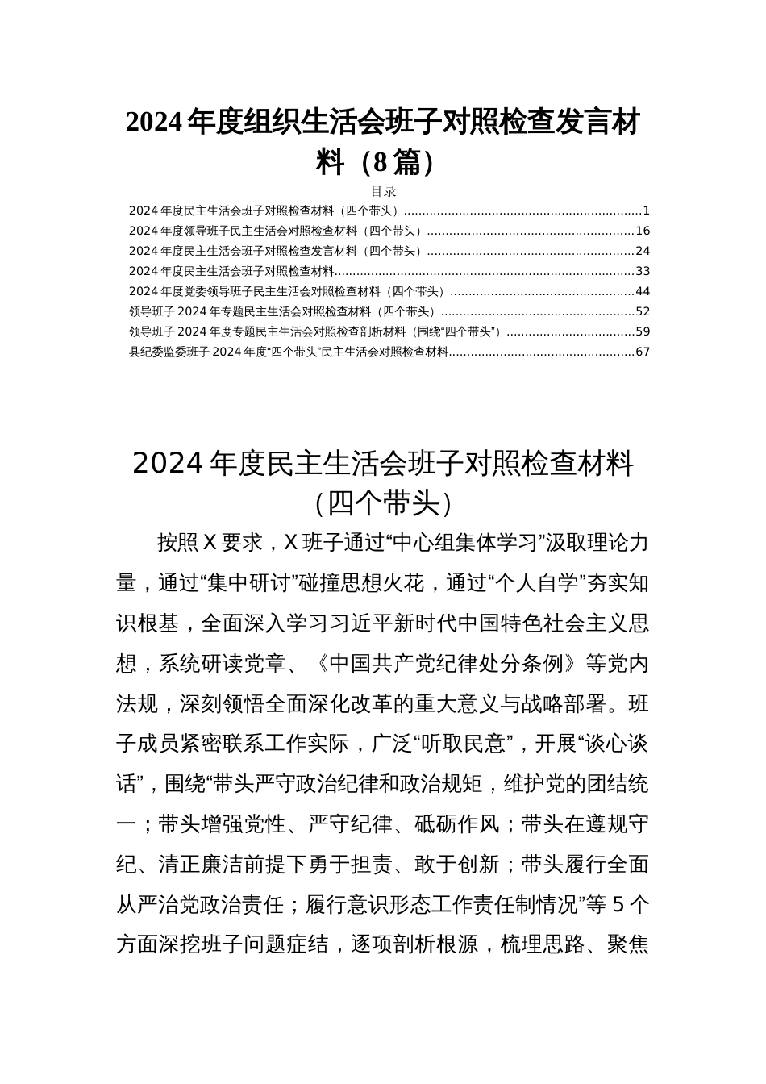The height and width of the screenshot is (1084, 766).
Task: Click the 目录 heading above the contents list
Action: pyautogui.click(x=383, y=191)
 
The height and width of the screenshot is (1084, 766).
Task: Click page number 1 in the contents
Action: pyautogui.click(x=646, y=211)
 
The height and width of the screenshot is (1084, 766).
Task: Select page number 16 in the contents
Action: pyautogui.click(x=643, y=231)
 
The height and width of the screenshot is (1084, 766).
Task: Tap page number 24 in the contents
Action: pyautogui.click(x=643, y=252)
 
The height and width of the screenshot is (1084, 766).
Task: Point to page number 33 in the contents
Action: pyautogui.click(x=643, y=272)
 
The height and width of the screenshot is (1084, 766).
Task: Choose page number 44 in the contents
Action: pyautogui.click(x=643, y=291)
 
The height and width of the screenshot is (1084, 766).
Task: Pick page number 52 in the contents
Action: pyautogui.click(x=643, y=311)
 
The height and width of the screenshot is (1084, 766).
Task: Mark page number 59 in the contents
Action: pyautogui.click(x=643, y=331)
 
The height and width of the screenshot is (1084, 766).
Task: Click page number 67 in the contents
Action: pyautogui.click(x=643, y=352)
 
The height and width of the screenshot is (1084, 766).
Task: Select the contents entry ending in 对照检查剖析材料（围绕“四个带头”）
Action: pyautogui.click(x=315, y=331)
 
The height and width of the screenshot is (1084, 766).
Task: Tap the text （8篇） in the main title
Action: pyautogui.click(x=393, y=163)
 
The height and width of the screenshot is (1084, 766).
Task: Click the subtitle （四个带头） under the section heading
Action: pyautogui.click(x=383, y=503)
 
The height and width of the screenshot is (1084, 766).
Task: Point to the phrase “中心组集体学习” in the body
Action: pyautogui.click(x=466, y=543)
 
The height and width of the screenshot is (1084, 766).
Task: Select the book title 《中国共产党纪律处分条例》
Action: pyautogui.click(x=446, y=664)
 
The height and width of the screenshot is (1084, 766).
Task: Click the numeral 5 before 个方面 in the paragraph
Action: pyautogui.click(x=618, y=905)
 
